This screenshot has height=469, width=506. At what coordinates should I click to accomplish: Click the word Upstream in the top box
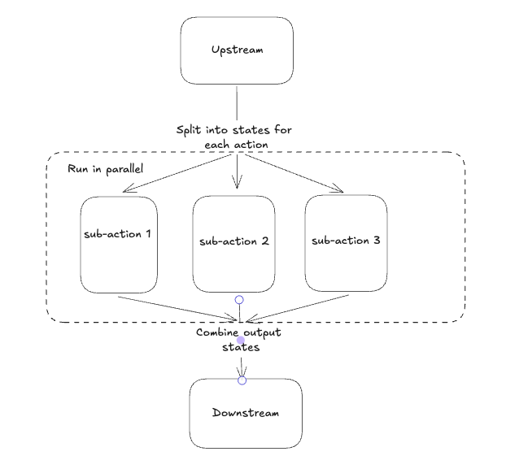click(x=237, y=50)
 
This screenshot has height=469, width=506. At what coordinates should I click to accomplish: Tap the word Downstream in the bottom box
click(x=245, y=413)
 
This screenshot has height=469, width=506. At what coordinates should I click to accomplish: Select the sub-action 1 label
click(x=119, y=234)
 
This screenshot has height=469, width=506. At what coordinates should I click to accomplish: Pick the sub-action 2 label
click(x=233, y=241)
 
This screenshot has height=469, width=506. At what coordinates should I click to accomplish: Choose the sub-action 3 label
click(x=346, y=241)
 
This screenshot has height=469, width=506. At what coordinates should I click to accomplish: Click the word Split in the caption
click(x=190, y=130)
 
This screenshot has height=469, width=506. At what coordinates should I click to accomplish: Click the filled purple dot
click(x=241, y=341)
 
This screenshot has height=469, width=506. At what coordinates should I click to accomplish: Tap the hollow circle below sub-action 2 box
click(x=239, y=300)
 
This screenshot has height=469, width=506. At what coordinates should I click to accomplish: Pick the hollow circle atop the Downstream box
click(x=242, y=380)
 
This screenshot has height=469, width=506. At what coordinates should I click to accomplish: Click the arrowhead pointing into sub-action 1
click(x=126, y=191)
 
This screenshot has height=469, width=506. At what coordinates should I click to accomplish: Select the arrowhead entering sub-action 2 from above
click(x=237, y=185)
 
